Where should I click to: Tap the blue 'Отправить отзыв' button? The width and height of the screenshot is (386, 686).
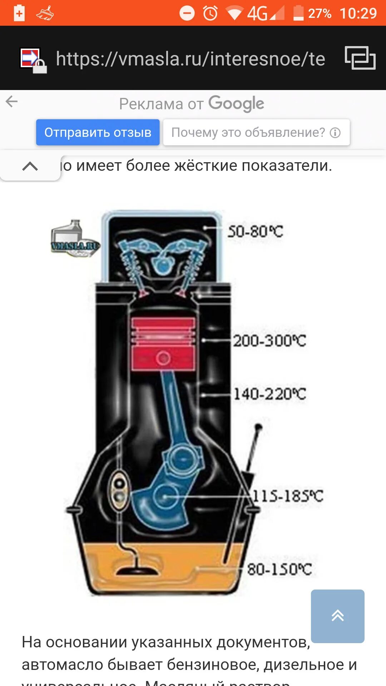pyautogui.click(x=98, y=132)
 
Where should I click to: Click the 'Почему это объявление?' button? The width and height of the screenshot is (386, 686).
pyautogui.click(x=256, y=132)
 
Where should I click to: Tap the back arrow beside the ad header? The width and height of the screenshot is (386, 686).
pyautogui.click(x=12, y=101)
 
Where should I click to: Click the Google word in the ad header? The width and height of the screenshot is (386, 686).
pyautogui.click(x=236, y=104)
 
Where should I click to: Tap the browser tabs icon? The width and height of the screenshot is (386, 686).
pyautogui.click(x=360, y=58)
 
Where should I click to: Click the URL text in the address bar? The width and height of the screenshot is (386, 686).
pyautogui.click(x=190, y=59)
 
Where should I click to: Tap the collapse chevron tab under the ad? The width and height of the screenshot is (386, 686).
pyautogui.click(x=30, y=166)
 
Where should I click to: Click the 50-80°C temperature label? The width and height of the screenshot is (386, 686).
pyautogui.click(x=255, y=232)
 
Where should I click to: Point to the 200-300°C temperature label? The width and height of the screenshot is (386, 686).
pyautogui.click(x=269, y=340)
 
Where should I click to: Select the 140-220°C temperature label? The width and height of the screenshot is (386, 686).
pyautogui.click(x=269, y=394)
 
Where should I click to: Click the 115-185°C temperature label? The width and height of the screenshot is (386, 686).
pyautogui.click(x=288, y=496)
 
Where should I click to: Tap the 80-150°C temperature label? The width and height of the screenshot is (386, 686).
pyautogui.click(x=279, y=569)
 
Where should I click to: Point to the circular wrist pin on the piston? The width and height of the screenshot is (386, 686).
pyautogui.click(x=163, y=358)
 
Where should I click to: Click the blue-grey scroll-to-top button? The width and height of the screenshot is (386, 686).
pyautogui.click(x=337, y=616)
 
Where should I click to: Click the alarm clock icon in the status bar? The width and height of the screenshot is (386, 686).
pyautogui.click(x=210, y=14)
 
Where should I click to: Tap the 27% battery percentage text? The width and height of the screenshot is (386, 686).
pyautogui.click(x=320, y=14)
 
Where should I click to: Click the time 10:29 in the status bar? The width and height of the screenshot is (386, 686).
pyautogui.click(x=358, y=14)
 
